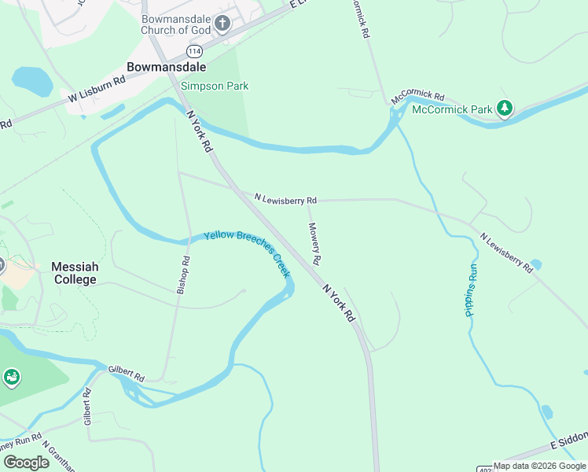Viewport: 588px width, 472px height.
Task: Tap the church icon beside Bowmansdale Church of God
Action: [x=222, y=24]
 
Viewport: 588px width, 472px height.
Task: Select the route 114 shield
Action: [x=193, y=50]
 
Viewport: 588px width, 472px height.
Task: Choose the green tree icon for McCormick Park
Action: [x=505, y=109]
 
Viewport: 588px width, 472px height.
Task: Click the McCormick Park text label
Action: [x=452, y=109]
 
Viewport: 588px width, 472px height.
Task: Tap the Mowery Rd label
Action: [x=314, y=243]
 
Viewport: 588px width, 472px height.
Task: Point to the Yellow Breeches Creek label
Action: [x=248, y=253]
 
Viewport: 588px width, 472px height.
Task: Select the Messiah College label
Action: [x=75, y=273]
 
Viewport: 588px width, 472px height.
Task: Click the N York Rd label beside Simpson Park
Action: [x=200, y=131]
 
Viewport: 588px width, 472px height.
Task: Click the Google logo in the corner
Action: [x=26, y=462]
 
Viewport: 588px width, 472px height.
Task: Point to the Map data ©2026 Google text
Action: [x=539, y=466]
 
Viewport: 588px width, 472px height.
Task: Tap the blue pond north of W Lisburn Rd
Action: [x=31, y=79]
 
